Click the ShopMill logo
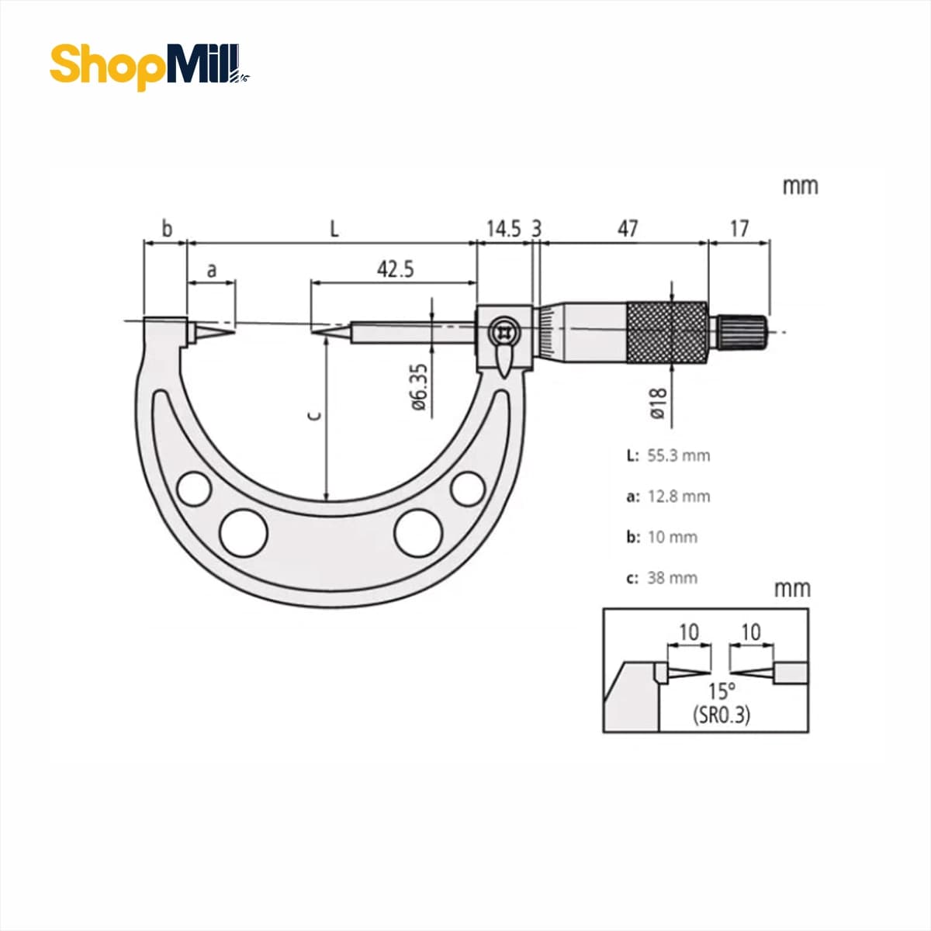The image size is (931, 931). click(x=150, y=67)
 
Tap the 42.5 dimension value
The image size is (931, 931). click(x=395, y=269)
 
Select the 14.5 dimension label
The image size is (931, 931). click(x=504, y=229)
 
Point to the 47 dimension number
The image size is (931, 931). click(x=628, y=229)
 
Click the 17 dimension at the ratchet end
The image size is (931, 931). click(x=739, y=229)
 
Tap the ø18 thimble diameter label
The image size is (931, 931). click(x=658, y=403)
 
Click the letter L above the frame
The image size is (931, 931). click(x=334, y=229)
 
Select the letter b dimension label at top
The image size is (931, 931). click(x=167, y=229)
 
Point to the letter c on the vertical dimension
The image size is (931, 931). click(x=314, y=416)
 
